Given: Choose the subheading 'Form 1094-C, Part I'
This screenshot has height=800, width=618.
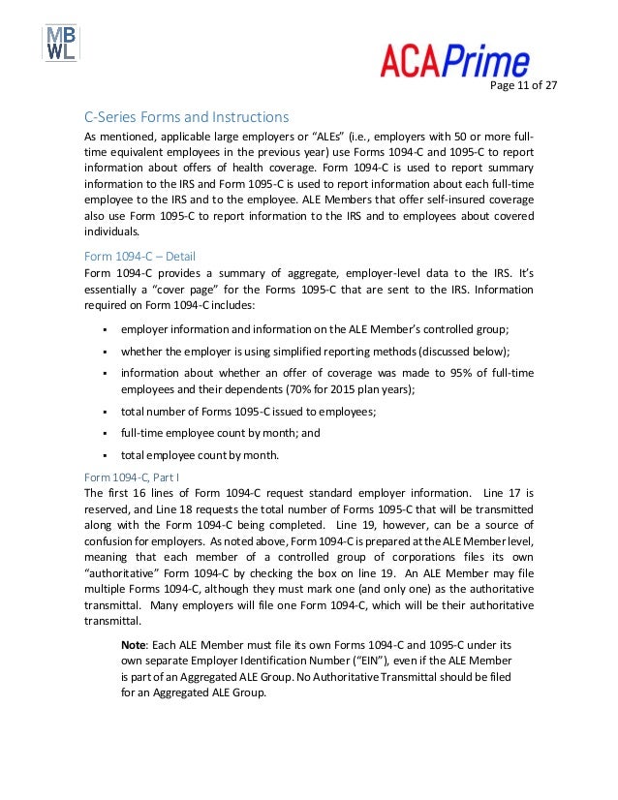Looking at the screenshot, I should (137, 477).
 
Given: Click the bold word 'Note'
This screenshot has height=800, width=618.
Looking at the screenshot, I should (134, 643).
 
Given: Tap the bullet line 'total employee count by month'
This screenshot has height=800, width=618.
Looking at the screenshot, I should (201, 454).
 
